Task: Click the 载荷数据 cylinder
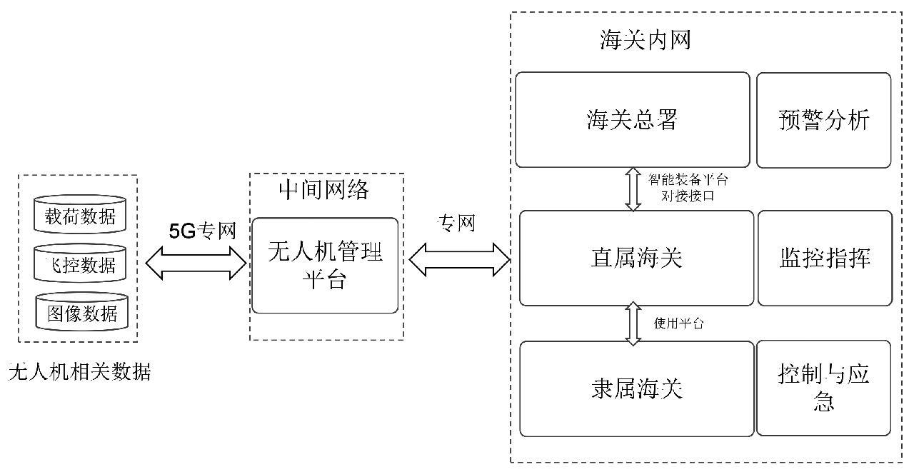pos(80,214)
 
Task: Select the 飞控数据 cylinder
pos(80,264)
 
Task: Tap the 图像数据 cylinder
pos(80,312)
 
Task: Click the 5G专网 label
pos(202,231)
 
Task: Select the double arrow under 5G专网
pos(196,263)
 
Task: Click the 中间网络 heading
pos(324,189)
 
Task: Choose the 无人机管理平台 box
pos(325,265)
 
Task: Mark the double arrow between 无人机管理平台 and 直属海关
pos(459,258)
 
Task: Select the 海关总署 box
pos(632,120)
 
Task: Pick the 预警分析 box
pos(823,120)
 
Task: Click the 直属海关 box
pos(636,258)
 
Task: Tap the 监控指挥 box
pos(824,258)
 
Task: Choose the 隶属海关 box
pos(636,388)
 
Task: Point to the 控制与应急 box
pos(823,388)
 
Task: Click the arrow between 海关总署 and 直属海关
pos(633,189)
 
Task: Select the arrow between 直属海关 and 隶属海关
pos(633,323)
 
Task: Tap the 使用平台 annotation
pos(679,323)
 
